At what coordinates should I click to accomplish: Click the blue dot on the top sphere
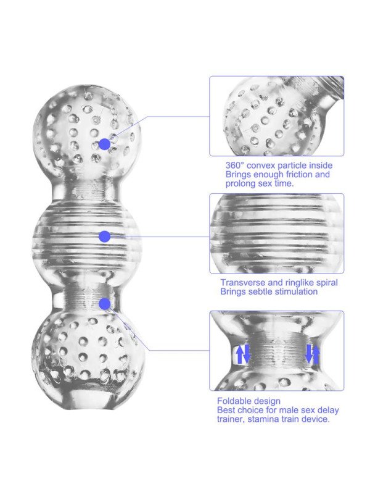[105, 144]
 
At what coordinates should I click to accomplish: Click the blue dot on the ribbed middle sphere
[104, 237]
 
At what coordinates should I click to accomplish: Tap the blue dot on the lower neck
[104, 304]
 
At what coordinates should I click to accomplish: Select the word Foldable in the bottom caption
[233, 401]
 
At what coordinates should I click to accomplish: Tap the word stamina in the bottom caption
[263, 419]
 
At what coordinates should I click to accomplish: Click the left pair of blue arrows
[243, 354]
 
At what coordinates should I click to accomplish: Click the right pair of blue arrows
[313, 354]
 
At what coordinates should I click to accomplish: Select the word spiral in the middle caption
[325, 283]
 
